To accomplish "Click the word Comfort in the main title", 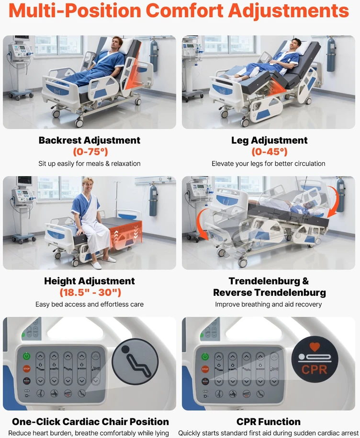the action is pyautogui.click(x=184, y=11).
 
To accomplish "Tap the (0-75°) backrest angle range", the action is pyautogui.click(x=90, y=152).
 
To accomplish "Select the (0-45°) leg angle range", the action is pyautogui.click(x=269, y=152).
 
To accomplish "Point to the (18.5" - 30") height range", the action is pyautogui.click(x=90, y=292).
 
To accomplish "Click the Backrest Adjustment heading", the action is pyautogui.click(x=90, y=140).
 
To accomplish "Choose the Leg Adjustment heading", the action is pyautogui.click(x=269, y=140).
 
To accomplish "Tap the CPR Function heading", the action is pyautogui.click(x=269, y=422).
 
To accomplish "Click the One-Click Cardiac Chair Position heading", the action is pyautogui.click(x=90, y=422).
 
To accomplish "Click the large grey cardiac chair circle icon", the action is pyautogui.click(x=135, y=361).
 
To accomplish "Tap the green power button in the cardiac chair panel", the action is pyautogui.click(x=26, y=356).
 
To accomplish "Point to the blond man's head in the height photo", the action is pyautogui.click(x=88, y=184).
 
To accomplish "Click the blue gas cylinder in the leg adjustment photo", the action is pyautogui.click(x=331, y=54).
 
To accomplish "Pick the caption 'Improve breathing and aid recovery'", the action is pyautogui.click(x=268, y=304).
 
